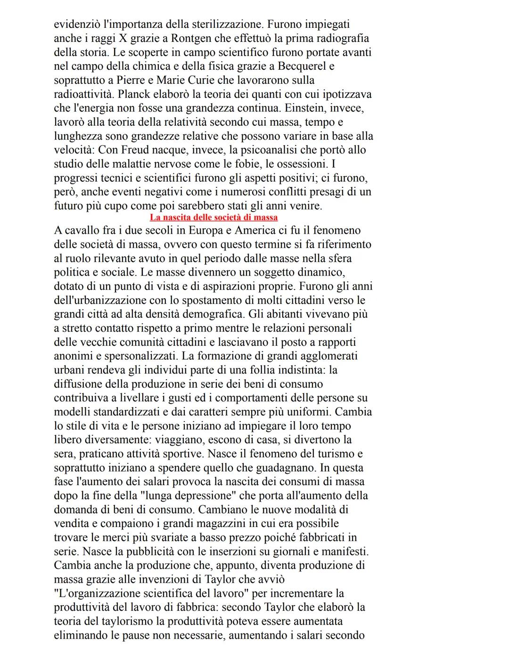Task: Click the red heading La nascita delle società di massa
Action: click(x=213, y=217)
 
